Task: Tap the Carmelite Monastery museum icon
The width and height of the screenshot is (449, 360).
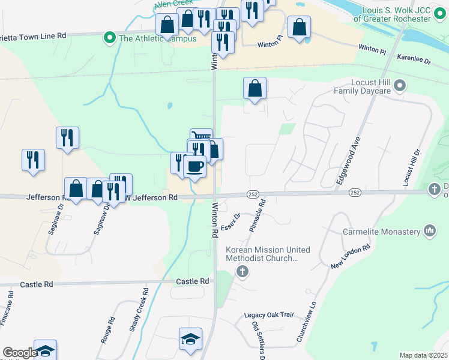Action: pyautogui.click(x=429, y=230)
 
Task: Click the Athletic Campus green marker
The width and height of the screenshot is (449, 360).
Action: pyautogui.click(x=109, y=38)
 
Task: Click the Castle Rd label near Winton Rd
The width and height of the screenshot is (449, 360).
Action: pyautogui.click(x=193, y=281)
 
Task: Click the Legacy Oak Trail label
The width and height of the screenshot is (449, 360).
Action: pyautogui.click(x=268, y=315)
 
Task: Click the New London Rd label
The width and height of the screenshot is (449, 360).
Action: pyautogui.click(x=351, y=256)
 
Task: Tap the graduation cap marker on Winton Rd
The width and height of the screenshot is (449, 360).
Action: pyautogui.click(x=190, y=338)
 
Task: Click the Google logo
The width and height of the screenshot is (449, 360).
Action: pyautogui.click(x=19, y=353)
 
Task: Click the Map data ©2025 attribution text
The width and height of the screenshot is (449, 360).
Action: pyautogui.click(x=423, y=355)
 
